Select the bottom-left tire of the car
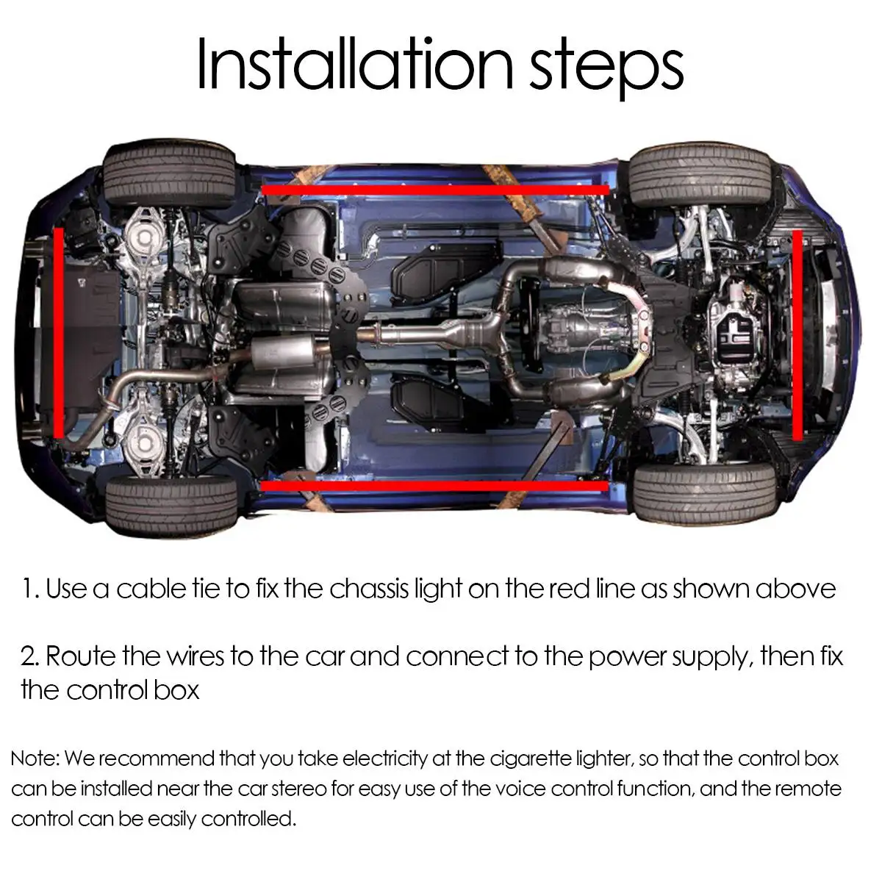point(171,506)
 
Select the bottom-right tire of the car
point(703,495)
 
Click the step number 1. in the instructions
point(31,589)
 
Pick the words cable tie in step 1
point(169,589)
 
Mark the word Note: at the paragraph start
point(37,759)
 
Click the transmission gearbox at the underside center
point(588,323)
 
